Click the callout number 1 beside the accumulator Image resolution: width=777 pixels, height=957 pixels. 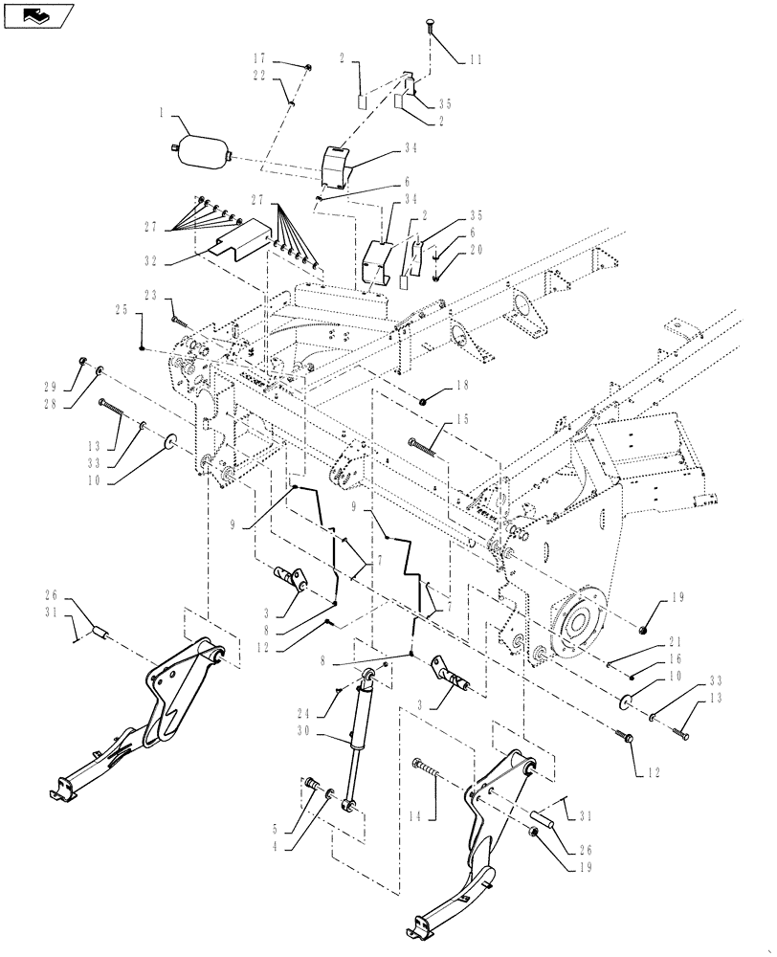point(164,114)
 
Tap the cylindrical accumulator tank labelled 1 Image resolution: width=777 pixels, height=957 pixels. point(200,148)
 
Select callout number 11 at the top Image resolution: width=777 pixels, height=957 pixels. point(476,59)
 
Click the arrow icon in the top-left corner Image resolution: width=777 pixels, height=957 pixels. point(38,15)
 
